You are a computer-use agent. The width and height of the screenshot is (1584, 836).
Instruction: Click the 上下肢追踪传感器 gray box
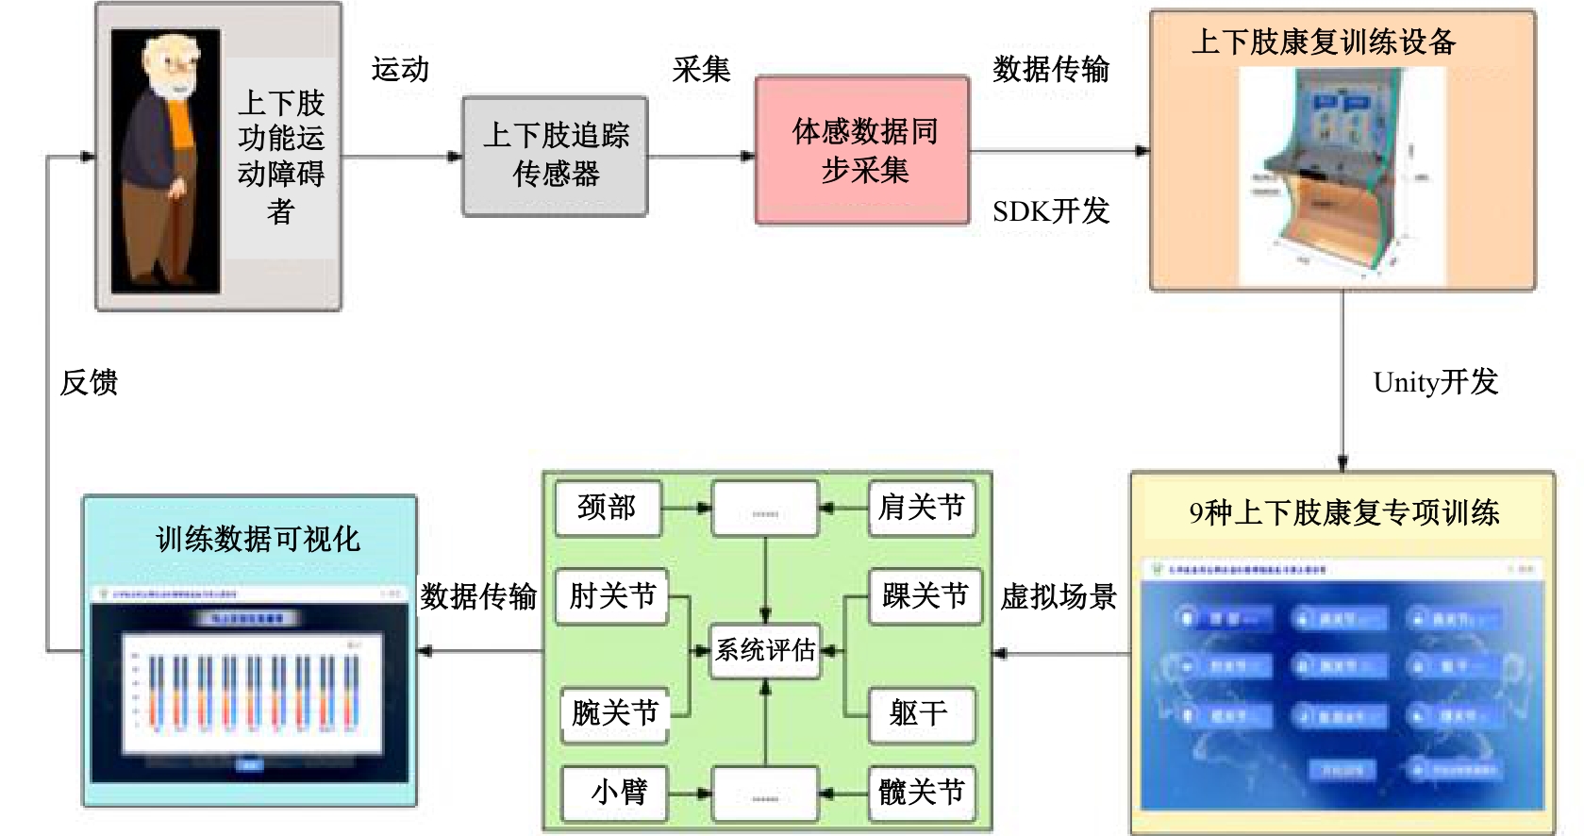tap(555, 156)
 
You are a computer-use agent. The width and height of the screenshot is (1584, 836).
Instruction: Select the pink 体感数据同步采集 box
tap(862, 151)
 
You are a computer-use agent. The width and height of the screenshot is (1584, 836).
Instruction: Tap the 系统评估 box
tap(765, 650)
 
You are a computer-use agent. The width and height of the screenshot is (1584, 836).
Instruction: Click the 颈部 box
tap(608, 508)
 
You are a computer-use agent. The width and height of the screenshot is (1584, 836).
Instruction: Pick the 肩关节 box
tap(922, 508)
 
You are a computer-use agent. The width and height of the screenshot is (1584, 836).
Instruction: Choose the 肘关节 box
tap(612, 595)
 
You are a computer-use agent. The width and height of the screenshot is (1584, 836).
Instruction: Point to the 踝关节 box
tap(925, 595)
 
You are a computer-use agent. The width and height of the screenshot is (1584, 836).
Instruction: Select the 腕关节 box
tap(614, 712)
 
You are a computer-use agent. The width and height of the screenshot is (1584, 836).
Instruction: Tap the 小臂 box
tap(614, 792)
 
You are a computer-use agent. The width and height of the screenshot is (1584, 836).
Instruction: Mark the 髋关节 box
tap(922, 792)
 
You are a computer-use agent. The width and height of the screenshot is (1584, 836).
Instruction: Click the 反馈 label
tap(89, 382)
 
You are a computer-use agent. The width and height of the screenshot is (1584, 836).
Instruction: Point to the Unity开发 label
tap(1435, 382)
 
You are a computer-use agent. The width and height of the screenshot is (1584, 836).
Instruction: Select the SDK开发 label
tap(1050, 210)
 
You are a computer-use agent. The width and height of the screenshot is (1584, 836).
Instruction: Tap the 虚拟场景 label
tap(1059, 596)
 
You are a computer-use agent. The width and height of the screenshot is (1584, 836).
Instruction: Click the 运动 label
tap(400, 69)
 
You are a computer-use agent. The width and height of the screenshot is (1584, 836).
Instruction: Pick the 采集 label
tap(701, 69)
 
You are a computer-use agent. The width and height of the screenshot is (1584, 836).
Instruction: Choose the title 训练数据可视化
tap(258, 539)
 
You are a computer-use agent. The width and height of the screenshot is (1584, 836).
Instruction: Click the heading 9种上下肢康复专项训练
tap(1343, 512)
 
